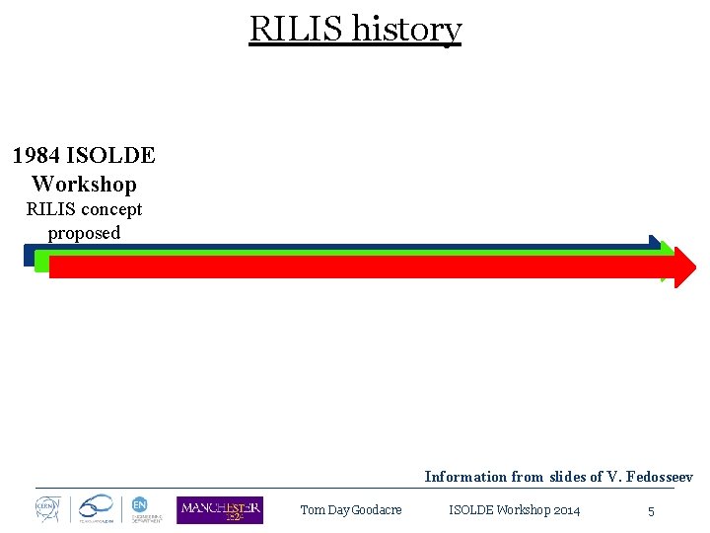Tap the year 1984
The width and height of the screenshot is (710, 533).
click(35, 156)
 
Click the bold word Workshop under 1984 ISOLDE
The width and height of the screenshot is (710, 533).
click(84, 184)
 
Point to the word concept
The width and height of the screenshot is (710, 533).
click(111, 209)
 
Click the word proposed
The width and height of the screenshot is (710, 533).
click(84, 233)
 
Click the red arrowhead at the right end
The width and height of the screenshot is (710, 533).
click(682, 266)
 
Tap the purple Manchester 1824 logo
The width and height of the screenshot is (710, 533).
click(220, 509)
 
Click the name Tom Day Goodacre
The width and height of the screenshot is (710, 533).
click(350, 510)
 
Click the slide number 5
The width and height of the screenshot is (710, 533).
click(651, 511)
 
